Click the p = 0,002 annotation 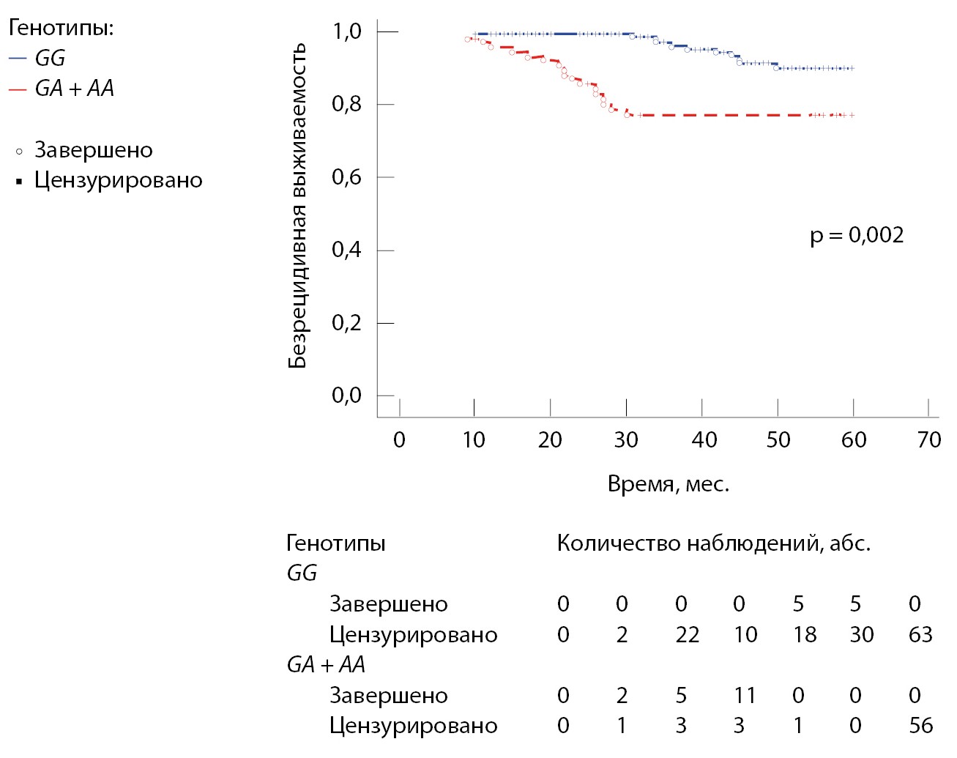tap(857, 235)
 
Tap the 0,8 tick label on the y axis tap(346, 104)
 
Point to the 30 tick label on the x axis tap(626, 439)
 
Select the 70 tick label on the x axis tap(928, 439)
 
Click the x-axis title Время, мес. tap(669, 484)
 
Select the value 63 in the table tap(920, 634)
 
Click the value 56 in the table tap(920, 726)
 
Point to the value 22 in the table tap(687, 634)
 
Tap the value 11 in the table tap(745, 695)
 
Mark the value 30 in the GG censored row tap(861, 634)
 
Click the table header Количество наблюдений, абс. tap(713, 543)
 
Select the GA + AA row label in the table tap(325, 664)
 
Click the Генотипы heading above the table tap(335, 543)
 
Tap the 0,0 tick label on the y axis tap(346, 395)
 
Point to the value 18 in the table tap(804, 634)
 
